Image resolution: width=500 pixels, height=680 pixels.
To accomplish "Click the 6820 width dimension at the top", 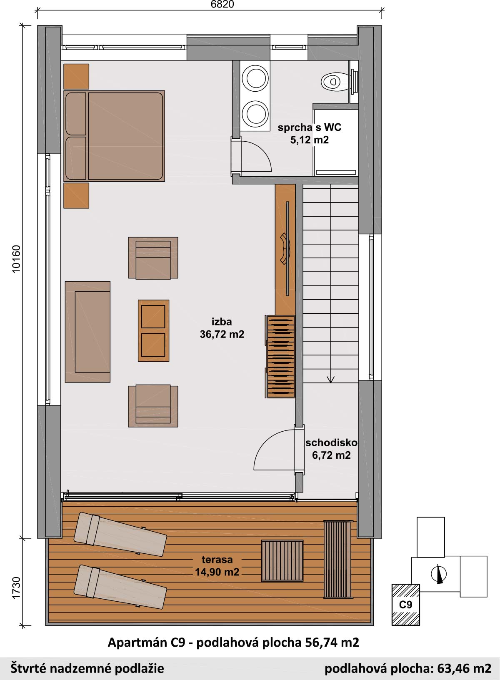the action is (222, 4).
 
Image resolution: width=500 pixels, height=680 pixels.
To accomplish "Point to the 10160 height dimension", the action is (16, 259).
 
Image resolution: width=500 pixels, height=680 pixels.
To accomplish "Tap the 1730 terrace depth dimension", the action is (16, 588).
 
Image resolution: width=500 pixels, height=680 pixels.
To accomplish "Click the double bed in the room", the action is (114, 136).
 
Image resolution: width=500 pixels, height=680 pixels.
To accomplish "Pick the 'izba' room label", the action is (222, 321).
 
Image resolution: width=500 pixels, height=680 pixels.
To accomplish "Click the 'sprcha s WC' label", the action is (309, 127).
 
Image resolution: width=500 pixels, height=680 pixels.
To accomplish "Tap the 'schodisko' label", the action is (331, 442).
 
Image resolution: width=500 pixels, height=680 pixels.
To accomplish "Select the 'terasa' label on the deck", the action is (217, 559).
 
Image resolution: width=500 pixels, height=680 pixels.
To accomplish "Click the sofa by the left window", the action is (87, 332).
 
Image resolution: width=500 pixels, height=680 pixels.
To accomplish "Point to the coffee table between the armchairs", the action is (153, 330).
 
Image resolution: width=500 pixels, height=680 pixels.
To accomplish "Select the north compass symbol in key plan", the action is (439, 574).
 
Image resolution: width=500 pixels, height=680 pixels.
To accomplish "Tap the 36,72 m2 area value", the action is (222, 334).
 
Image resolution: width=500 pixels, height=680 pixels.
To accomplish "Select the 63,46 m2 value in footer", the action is (464, 668).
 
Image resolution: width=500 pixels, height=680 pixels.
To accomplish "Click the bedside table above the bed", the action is (76, 77).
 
